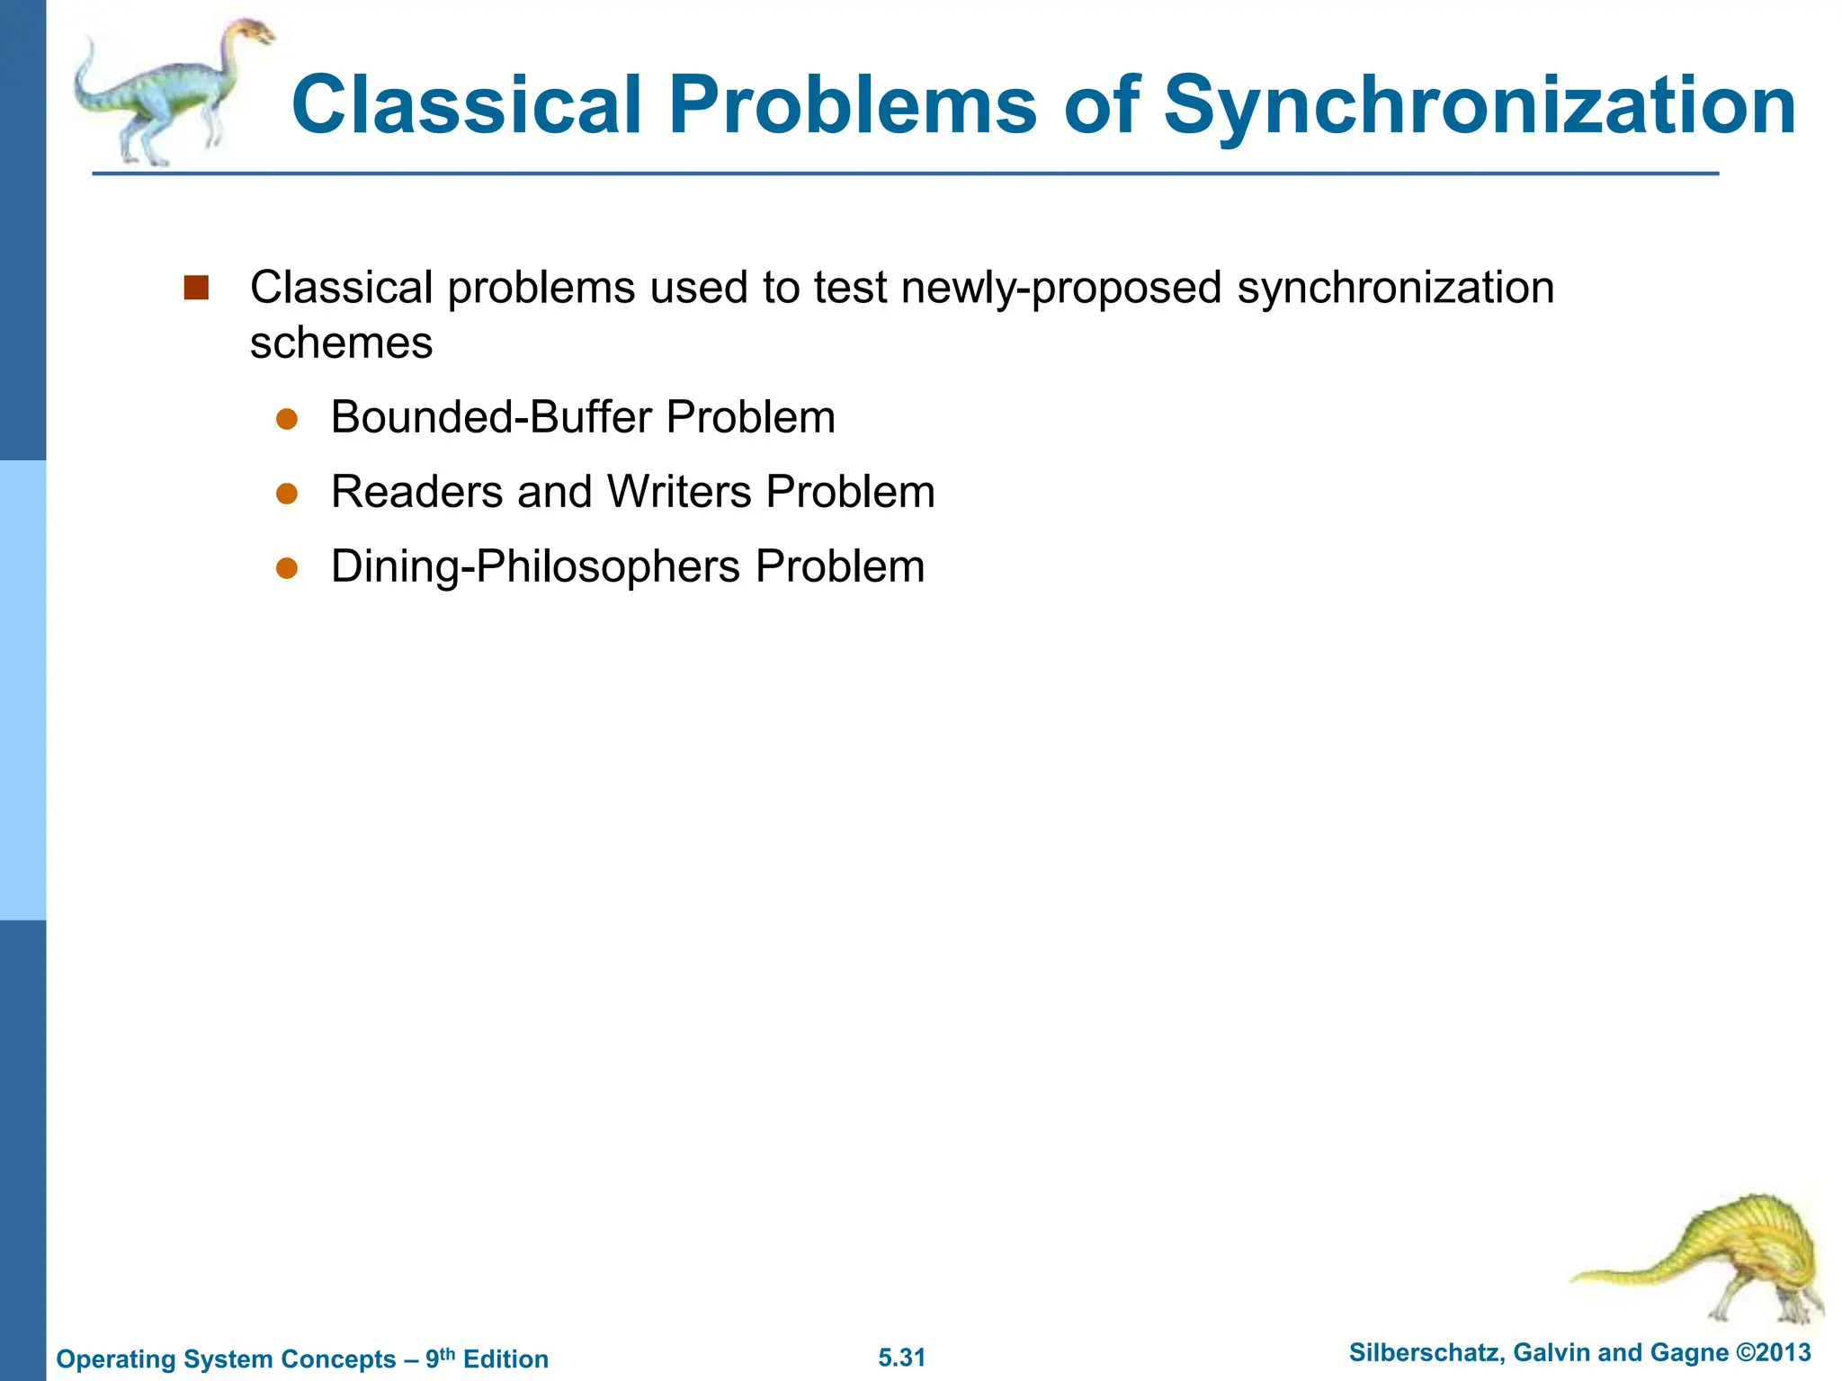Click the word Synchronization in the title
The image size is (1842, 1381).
click(x=1480, y=106)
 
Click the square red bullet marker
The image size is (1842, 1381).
click(x=196, y=288)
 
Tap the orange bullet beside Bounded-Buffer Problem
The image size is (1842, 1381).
click(x=287, y=419)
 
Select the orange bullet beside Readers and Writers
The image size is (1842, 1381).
click(x=287, y=494)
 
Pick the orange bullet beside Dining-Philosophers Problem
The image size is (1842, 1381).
click(x=287, y=568)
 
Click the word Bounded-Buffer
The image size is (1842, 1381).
click(x=491, y=417)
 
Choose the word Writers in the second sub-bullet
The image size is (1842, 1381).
click(x=679, y=492)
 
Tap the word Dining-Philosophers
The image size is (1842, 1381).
click(x=535, y=566)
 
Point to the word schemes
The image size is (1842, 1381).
click(x=341, y=343)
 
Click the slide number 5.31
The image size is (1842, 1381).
click(x=901, y=1358)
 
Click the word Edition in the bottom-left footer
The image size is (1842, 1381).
click(x=505, y=1359)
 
